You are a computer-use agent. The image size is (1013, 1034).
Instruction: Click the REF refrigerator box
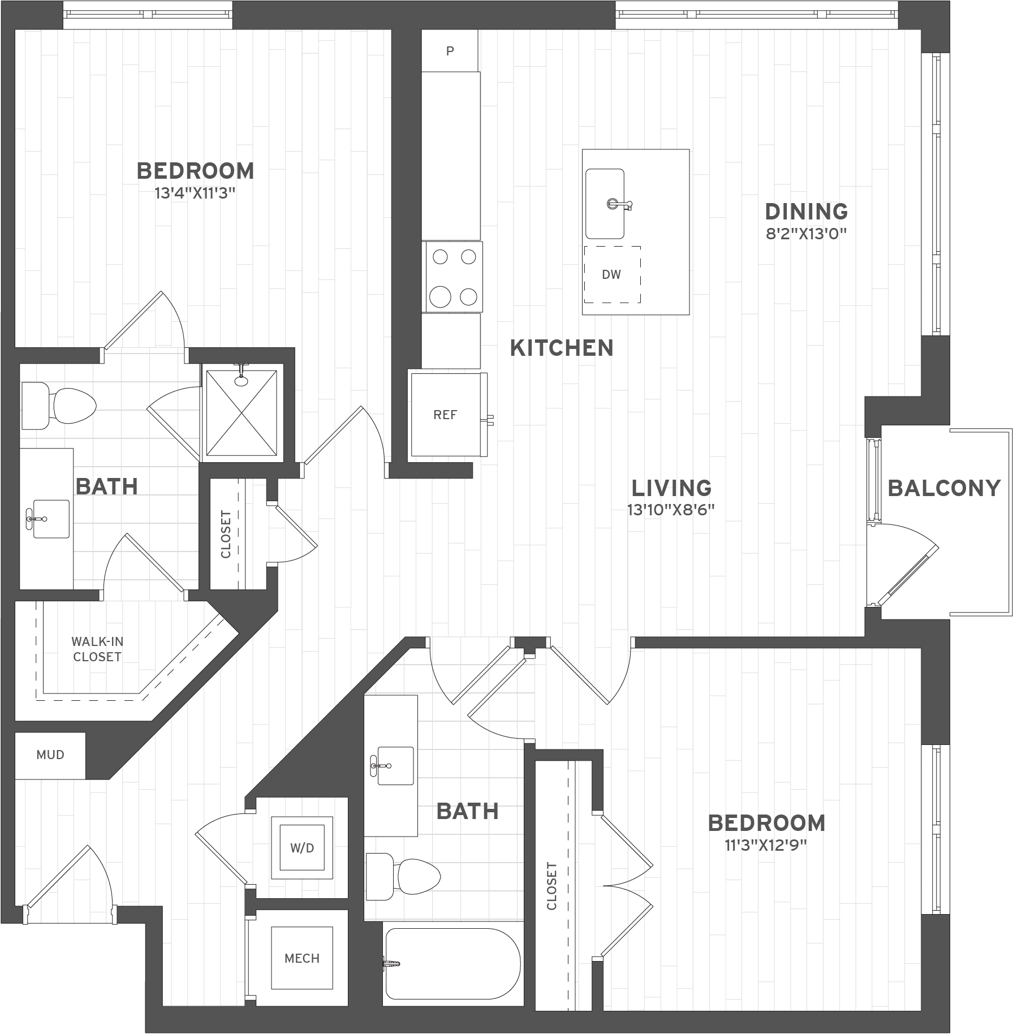(x=446, y=414)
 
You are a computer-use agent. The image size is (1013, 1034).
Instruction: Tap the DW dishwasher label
(x=611, y=275)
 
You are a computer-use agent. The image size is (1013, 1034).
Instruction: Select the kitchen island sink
(x=605, y=204)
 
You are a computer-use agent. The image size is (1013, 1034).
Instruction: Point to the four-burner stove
(x=452, y=277)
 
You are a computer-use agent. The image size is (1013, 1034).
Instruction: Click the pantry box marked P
(x=450, y=51)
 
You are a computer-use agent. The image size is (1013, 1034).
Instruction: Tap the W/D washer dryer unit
(x=302, y=848)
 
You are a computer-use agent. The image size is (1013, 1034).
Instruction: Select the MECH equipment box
(x=302, y=958)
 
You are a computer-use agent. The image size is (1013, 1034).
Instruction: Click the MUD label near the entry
(x=50, y=755)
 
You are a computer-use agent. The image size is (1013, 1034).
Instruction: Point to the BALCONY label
(x=944, y=488)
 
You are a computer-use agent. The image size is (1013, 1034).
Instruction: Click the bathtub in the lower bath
(x=452, y=964)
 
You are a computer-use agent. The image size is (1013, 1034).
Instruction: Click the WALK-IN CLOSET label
(x=97, y=649)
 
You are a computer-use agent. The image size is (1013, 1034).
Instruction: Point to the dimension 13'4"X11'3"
(x=195, y=193)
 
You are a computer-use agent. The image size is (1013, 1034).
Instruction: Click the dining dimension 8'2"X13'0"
(x=807, y=234)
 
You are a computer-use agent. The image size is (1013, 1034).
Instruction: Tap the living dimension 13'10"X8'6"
(x=671, y=510)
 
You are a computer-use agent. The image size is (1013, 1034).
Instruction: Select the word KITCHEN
(x=562, y=348)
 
